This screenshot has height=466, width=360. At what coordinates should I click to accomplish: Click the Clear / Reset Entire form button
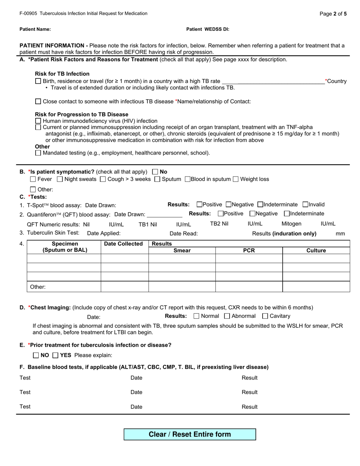pos(189,434)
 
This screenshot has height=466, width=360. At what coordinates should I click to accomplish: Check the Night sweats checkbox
pos(60,179)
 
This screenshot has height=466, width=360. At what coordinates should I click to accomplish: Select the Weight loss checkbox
pos(236,179)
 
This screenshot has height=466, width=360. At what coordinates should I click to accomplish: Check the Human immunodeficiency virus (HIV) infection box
pos(38,121)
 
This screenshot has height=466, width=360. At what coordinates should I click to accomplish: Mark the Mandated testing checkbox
pos(38,153)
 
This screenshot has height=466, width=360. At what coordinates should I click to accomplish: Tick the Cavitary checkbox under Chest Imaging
pos(265,316)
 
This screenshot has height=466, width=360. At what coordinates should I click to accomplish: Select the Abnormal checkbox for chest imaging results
pos(227,316)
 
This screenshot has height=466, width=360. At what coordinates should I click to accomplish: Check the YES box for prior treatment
pos(55,355)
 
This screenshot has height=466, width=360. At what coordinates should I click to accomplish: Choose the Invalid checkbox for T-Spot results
pos(306,205)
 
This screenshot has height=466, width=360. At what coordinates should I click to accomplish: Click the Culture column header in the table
pos(316,250)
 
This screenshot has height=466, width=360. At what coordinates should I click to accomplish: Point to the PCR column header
pos(249,250)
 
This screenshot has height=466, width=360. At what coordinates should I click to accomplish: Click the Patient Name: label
pos(35,29)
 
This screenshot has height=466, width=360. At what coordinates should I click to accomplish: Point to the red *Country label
pos(336,81)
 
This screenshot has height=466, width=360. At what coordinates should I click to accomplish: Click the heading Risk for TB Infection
pos(62,74)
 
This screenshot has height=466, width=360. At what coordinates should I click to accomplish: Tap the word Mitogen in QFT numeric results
pos(291,224)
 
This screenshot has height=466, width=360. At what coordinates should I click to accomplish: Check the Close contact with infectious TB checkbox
pos(38,102)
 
